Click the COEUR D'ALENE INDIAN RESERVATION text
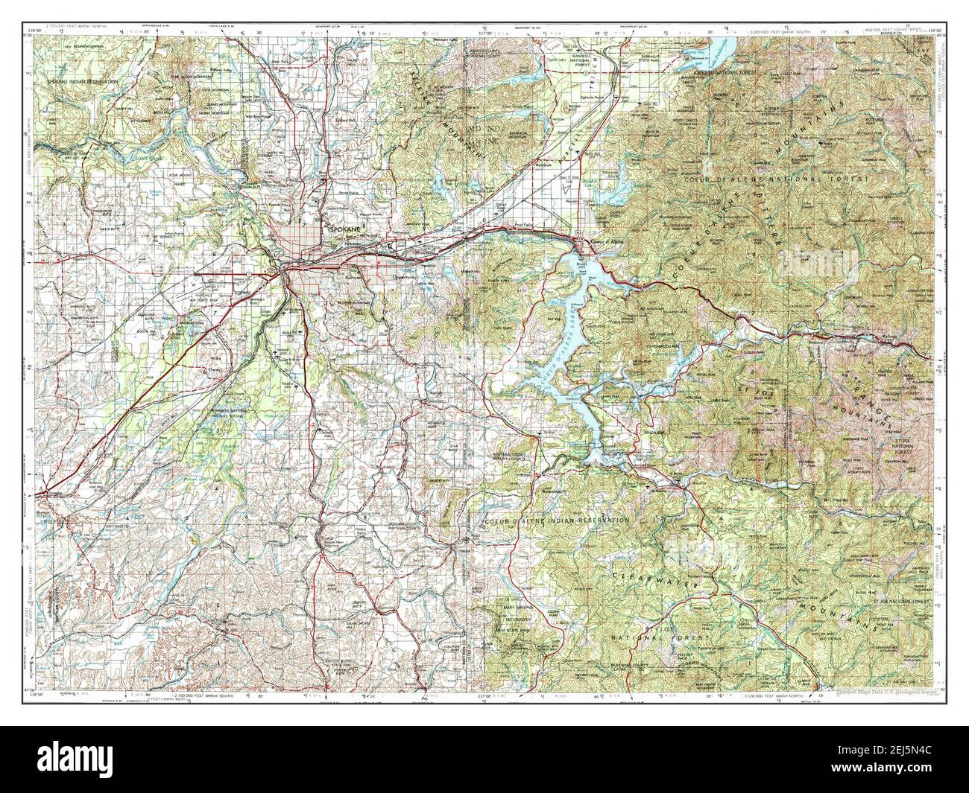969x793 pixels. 556,520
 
